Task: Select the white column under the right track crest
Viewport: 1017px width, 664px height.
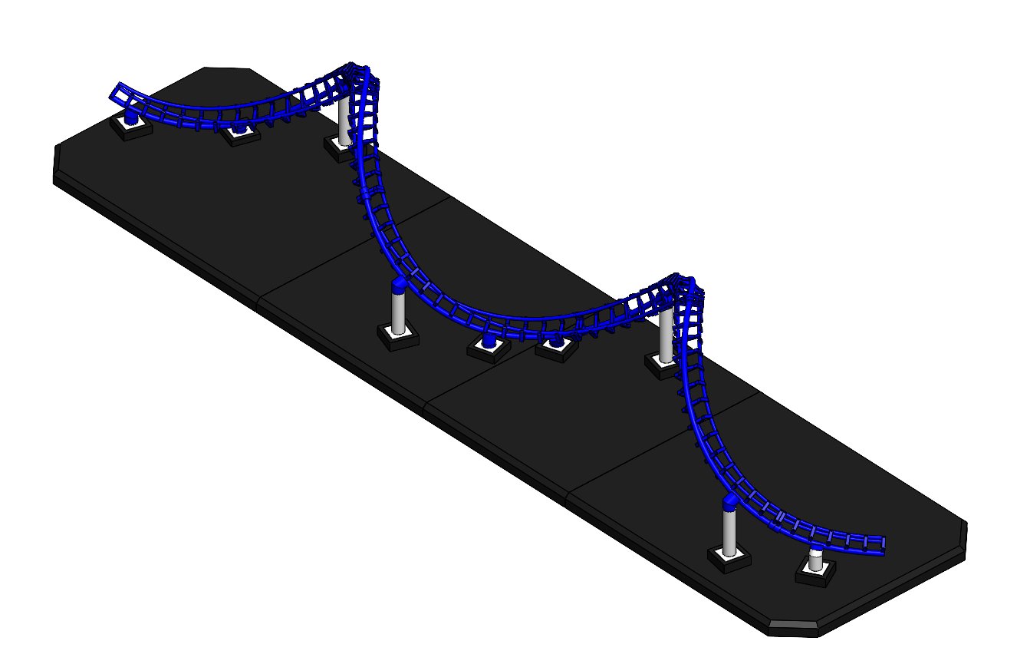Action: (666, 334)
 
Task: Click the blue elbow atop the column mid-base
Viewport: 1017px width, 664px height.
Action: (399, 287)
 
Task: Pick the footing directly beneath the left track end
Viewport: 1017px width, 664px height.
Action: (132, 127)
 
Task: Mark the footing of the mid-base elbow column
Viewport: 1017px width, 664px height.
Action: (397, 336)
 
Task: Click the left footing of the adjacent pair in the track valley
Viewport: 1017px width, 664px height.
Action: (489, 349)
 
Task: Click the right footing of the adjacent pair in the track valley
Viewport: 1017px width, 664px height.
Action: (556, 349)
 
